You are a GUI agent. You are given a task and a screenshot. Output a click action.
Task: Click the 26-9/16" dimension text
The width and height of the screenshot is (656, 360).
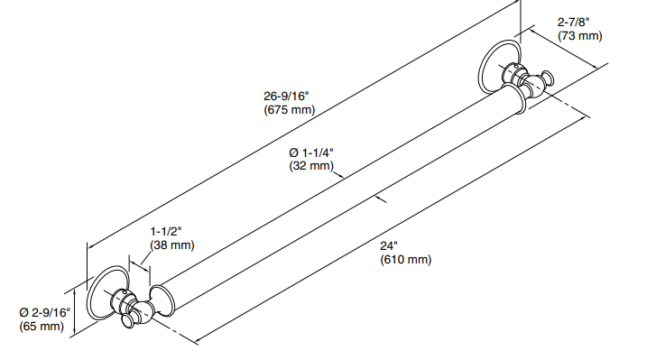[x=288, y=96]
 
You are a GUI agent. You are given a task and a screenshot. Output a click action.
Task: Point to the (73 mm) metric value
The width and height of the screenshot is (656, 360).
[x=578, y=36]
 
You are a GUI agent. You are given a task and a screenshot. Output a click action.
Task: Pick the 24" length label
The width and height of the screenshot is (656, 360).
[x=390, y=245]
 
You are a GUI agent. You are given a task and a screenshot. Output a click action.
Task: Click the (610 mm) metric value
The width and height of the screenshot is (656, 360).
[x=405, y=260]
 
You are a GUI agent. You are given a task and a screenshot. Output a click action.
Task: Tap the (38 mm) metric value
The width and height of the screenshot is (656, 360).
[x=171, y=245]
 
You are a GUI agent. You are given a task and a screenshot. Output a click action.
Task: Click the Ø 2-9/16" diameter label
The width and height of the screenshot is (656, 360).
[x=45, y=311]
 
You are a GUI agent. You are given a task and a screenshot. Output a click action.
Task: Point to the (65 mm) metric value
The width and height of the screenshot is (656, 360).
[x=42, y=326]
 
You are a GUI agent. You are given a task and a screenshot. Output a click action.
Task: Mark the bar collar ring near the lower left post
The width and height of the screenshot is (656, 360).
[x=162, y=300]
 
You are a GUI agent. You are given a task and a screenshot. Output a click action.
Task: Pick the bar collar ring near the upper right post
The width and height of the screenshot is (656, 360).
[x=517, y=98]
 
